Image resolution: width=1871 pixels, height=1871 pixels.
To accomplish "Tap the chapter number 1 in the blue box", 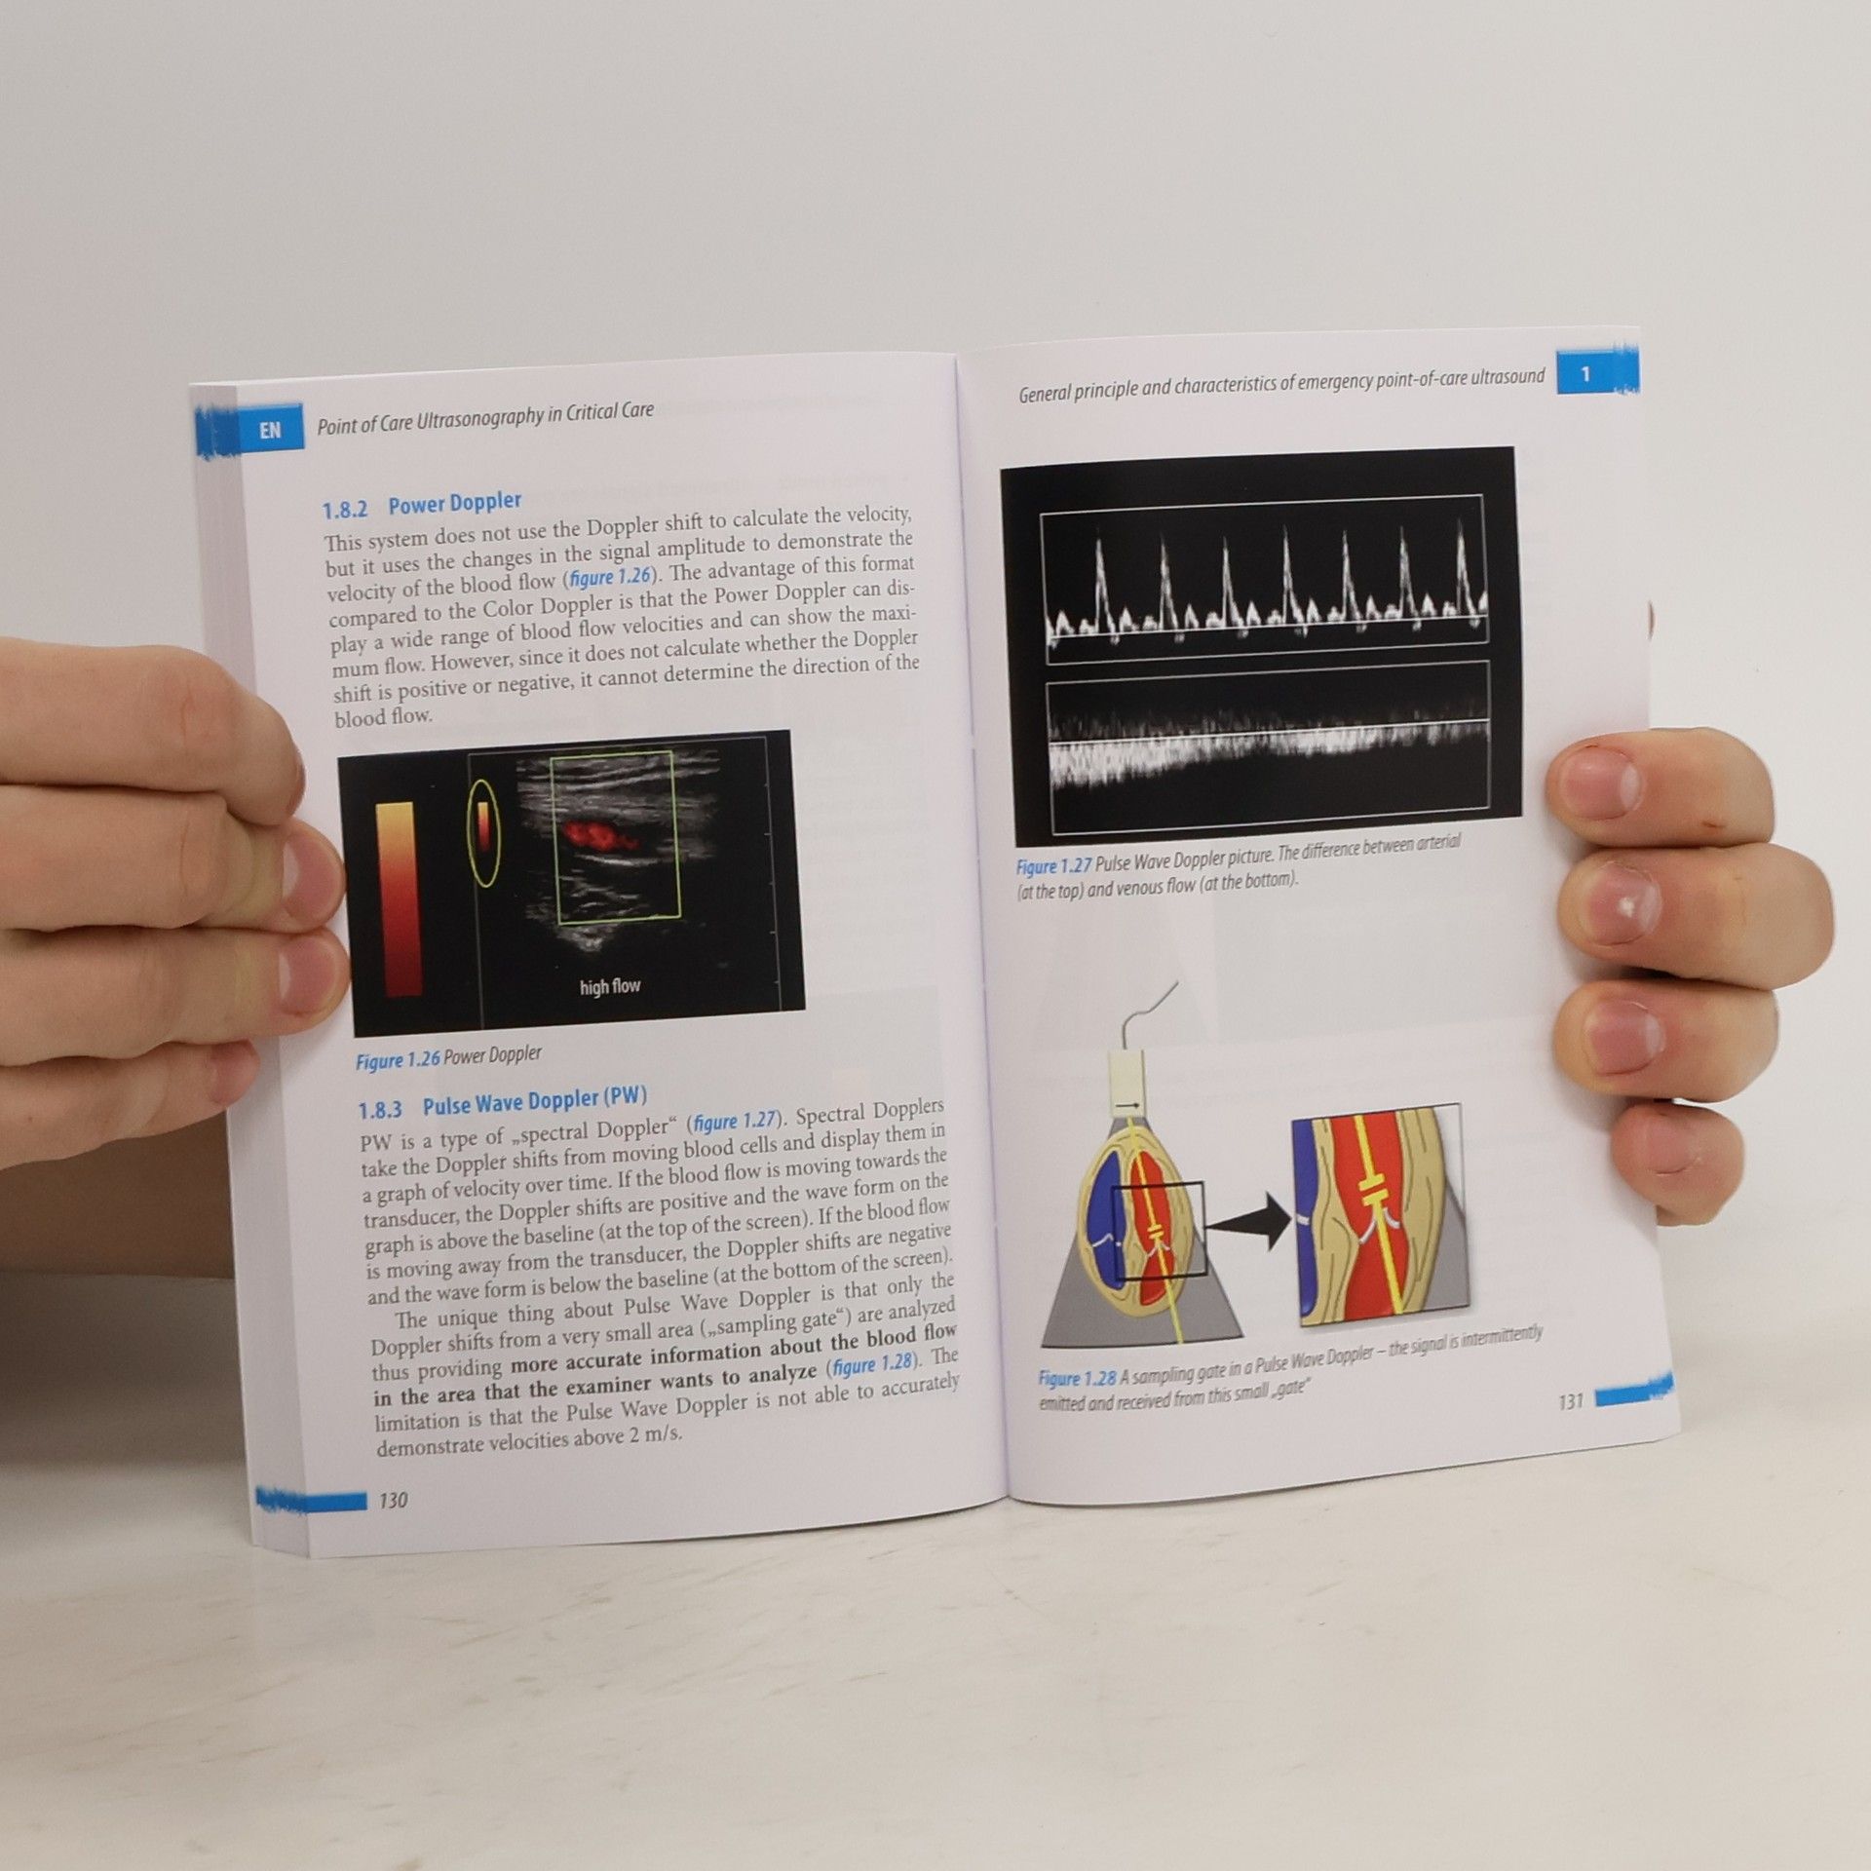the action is click(x=1585, y=374).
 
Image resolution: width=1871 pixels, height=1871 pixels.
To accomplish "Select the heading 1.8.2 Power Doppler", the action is click(x=422, y=506).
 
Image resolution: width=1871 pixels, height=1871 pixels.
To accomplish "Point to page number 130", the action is click(x=393, y=1500).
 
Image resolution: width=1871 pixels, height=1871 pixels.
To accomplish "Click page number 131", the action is click(x=1571, y=1401).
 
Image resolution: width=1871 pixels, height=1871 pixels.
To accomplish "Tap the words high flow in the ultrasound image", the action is click(x=610, y=986).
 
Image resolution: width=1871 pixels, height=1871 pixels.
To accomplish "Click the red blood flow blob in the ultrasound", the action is click(x=595, y=836).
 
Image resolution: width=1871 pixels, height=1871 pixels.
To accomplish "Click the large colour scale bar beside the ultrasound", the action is click(x=401, y=898).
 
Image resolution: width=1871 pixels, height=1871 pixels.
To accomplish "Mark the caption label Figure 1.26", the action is click(x=399, y=1060).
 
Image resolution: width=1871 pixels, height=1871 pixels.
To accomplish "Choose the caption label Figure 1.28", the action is click(x=1077, y=1378).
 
